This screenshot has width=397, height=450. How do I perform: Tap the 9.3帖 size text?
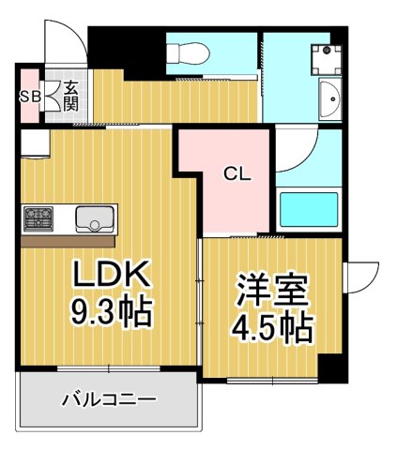coord(111,312)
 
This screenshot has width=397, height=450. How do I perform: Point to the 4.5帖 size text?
coord(271,328)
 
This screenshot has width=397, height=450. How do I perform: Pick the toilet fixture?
coord(184,54)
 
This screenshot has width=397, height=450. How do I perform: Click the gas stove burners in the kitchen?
coord(39,218)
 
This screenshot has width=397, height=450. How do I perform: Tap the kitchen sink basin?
coord(94,218)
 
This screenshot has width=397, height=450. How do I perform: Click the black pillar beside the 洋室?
coord(332,368)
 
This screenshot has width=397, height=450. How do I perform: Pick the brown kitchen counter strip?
coord(68,240)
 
